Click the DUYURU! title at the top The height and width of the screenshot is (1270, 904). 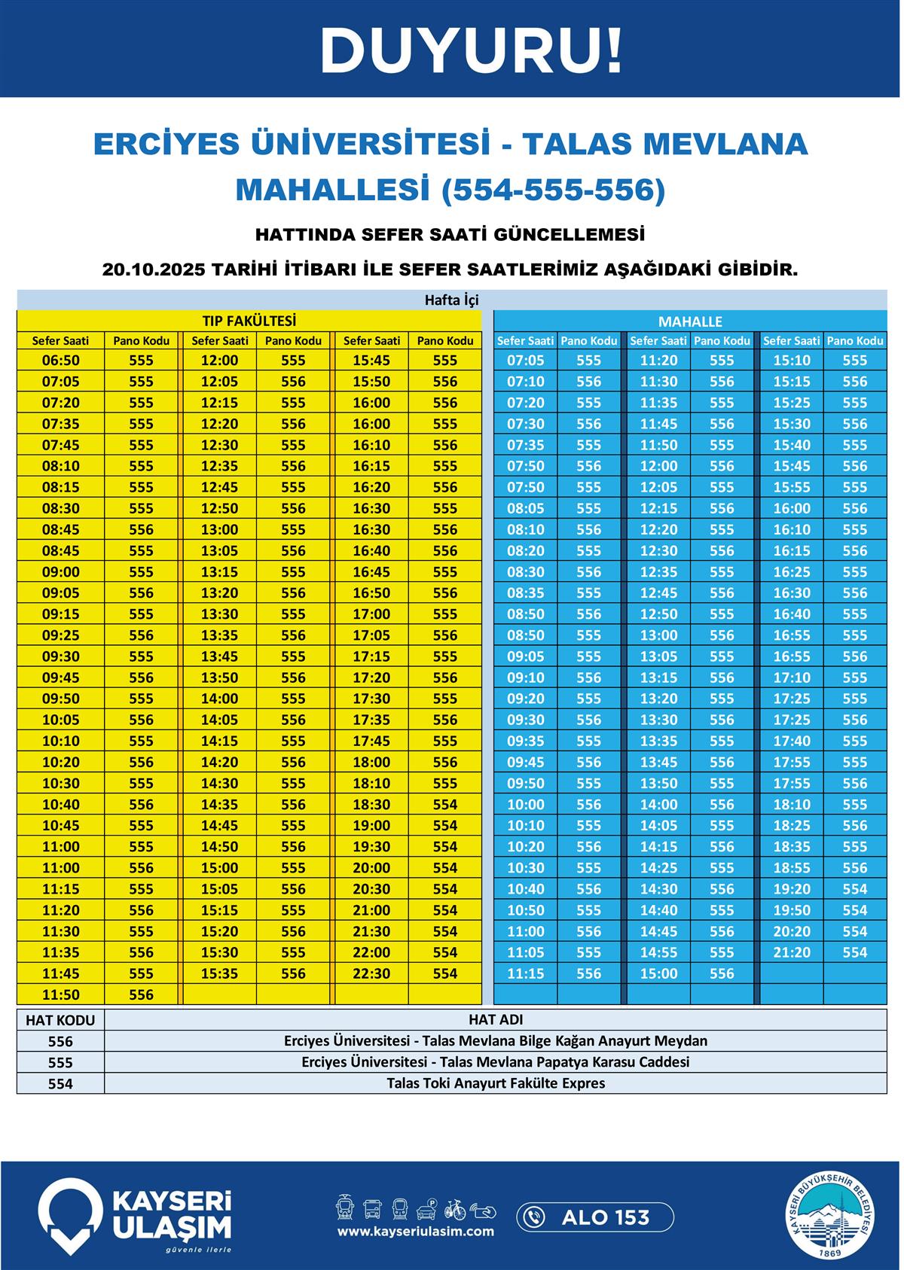471,50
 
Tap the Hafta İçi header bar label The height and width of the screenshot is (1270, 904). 451,300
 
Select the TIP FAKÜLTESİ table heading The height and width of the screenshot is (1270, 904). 249,321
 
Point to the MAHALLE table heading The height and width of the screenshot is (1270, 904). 690,321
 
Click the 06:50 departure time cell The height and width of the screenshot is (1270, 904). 60,361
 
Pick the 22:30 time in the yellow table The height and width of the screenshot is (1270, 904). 371,973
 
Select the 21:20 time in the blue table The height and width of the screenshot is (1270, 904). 792,952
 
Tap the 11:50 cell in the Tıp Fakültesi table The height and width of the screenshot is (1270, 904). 60,994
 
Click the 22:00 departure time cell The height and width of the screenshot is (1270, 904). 371,952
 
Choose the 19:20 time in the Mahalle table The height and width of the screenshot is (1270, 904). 792,889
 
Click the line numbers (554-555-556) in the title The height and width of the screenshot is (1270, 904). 554,190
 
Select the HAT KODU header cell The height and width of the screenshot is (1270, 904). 60,1020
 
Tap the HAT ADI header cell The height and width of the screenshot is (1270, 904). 496,1020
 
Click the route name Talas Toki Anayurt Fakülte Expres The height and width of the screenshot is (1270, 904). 496,1083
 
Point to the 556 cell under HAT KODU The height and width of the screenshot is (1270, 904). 60,1041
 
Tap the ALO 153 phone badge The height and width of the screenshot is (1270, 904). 595,1217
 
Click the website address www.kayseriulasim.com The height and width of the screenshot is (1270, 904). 416,1232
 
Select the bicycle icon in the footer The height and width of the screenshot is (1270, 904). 454,1210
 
